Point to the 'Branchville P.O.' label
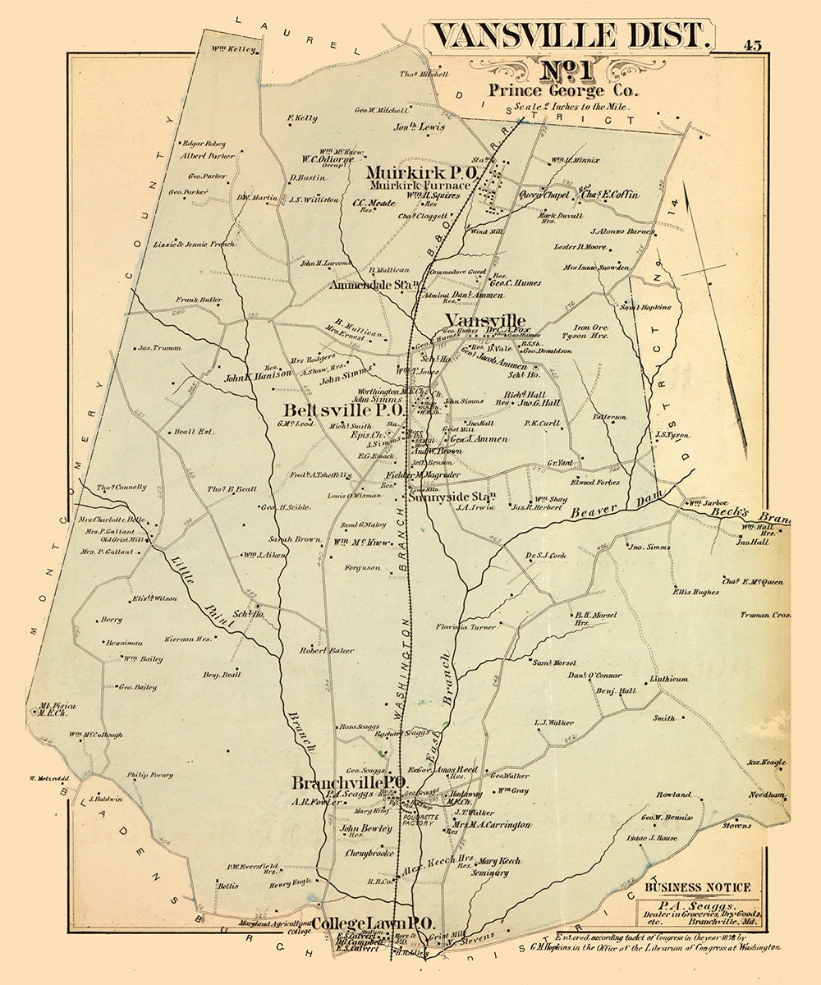(349, 783)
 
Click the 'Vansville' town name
(484, 320)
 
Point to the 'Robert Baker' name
(327, 651)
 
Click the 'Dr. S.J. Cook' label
(546, 556)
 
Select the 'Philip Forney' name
(150, 774)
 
